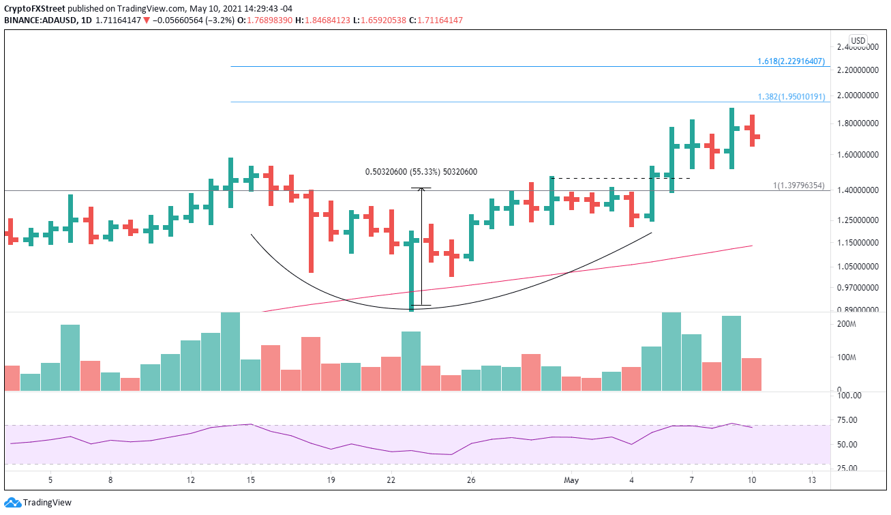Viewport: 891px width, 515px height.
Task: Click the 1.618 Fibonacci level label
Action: (791, 61)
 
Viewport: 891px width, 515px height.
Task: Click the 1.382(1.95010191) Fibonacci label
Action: (791, 97)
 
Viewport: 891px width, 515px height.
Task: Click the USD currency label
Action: (858, 41)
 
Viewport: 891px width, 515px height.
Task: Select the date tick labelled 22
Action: (391, 480)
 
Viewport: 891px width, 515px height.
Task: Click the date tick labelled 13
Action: (811, 480)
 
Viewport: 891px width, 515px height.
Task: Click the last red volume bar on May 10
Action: (751, 374)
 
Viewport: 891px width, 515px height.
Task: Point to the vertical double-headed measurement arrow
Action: (421, 246)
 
